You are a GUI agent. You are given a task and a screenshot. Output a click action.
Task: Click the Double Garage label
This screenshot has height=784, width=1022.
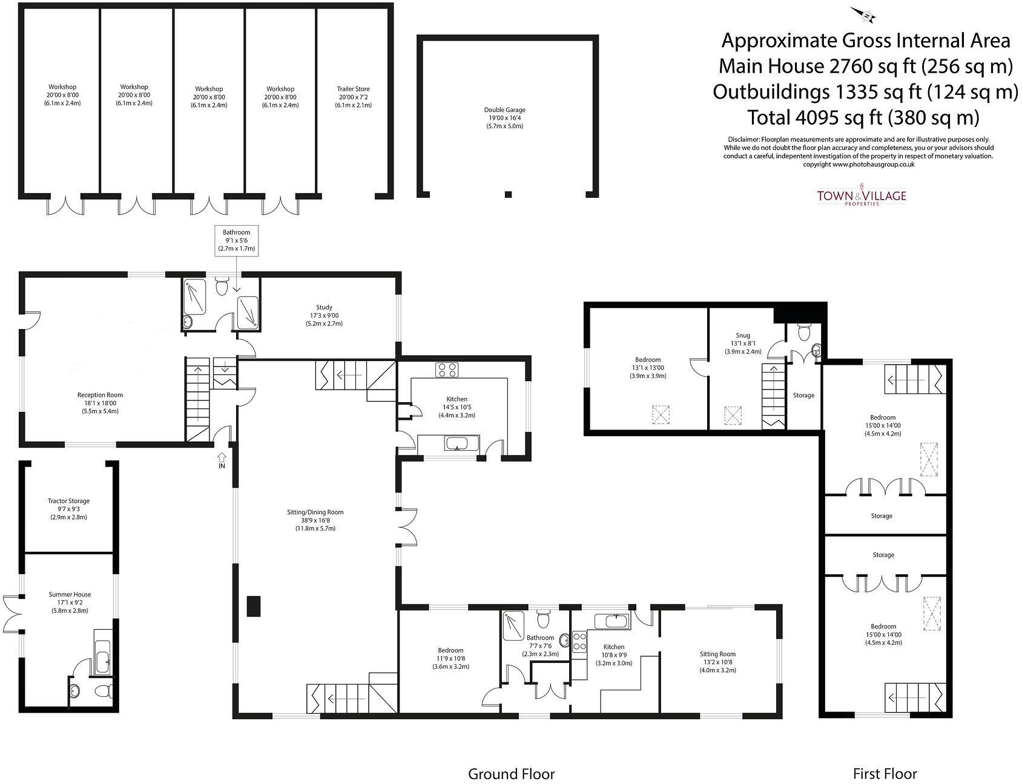pos(504,118)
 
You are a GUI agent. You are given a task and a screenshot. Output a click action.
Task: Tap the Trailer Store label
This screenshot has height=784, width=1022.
pos(353,97)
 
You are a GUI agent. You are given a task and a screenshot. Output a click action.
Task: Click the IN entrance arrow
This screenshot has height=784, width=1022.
pos(222,460)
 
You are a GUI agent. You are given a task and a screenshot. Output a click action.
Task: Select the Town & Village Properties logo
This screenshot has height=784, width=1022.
pos(861,197)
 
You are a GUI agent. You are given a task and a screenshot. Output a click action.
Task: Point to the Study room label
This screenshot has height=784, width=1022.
pos(324,315)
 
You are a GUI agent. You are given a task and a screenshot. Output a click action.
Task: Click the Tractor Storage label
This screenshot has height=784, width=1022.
pos(68,509)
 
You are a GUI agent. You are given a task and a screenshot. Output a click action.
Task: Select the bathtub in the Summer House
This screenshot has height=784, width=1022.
pos(103,655)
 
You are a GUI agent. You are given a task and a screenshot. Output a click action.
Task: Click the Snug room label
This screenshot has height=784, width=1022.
pos(743,343)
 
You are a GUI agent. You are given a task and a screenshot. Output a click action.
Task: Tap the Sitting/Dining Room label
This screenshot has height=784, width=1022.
pos(315,520)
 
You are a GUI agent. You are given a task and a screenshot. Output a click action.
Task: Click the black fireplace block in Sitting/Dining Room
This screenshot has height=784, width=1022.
pos(254,606)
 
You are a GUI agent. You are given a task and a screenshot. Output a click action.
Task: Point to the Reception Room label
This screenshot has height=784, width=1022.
pos(101,403)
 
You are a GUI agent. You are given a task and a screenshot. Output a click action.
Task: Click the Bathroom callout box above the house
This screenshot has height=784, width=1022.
pos(236,240)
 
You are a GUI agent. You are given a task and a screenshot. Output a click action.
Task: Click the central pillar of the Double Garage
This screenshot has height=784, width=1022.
pos(508,194)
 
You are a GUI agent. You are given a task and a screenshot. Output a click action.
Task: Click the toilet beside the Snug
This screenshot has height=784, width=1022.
pos(804,332)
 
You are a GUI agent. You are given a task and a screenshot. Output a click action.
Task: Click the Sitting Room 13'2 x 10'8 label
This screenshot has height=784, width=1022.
pos(717,662)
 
